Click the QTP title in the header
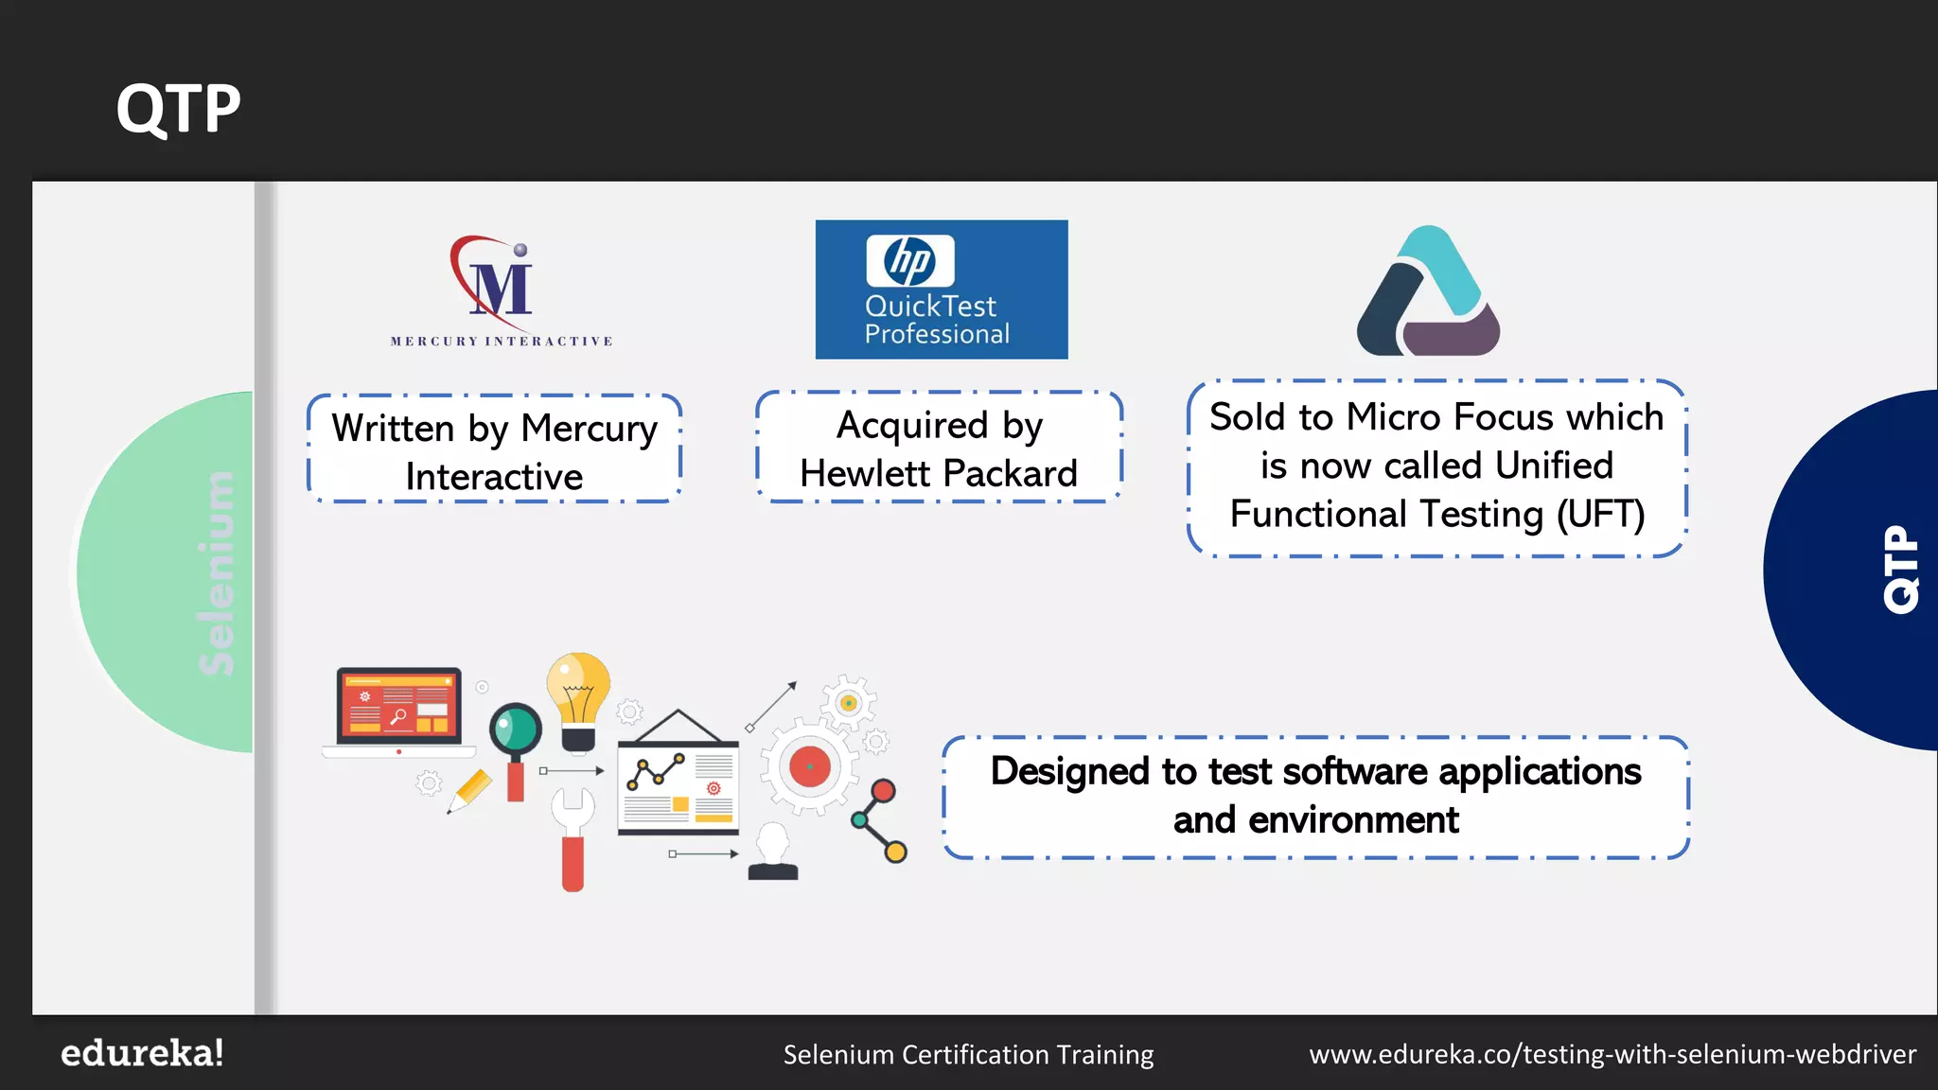pos(178,108)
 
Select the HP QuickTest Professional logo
pos(942,290)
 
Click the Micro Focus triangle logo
pos(1428,292)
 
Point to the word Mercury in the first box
pos(589,429)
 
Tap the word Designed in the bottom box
pos(1069,771)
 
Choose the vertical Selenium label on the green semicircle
pos(218,572)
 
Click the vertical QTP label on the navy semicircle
pos(1900,570)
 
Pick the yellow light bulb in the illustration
pos(578,696)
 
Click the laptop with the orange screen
pos(398,710)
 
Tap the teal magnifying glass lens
pos(516,730)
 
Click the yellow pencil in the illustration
pos(470,790)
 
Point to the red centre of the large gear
pos(810,766)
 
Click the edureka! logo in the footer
pos(142,1053)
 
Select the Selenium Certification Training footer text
pos(968,1054)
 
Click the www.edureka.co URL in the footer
pos(1612,1054)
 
